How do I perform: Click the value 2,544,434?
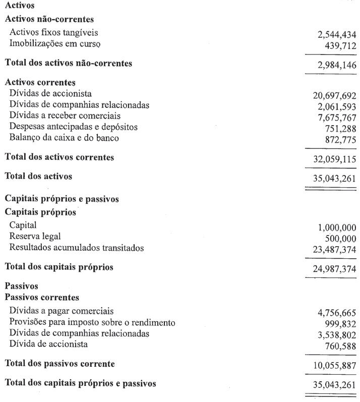[335, 36]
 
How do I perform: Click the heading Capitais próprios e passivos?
[62, 199]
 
